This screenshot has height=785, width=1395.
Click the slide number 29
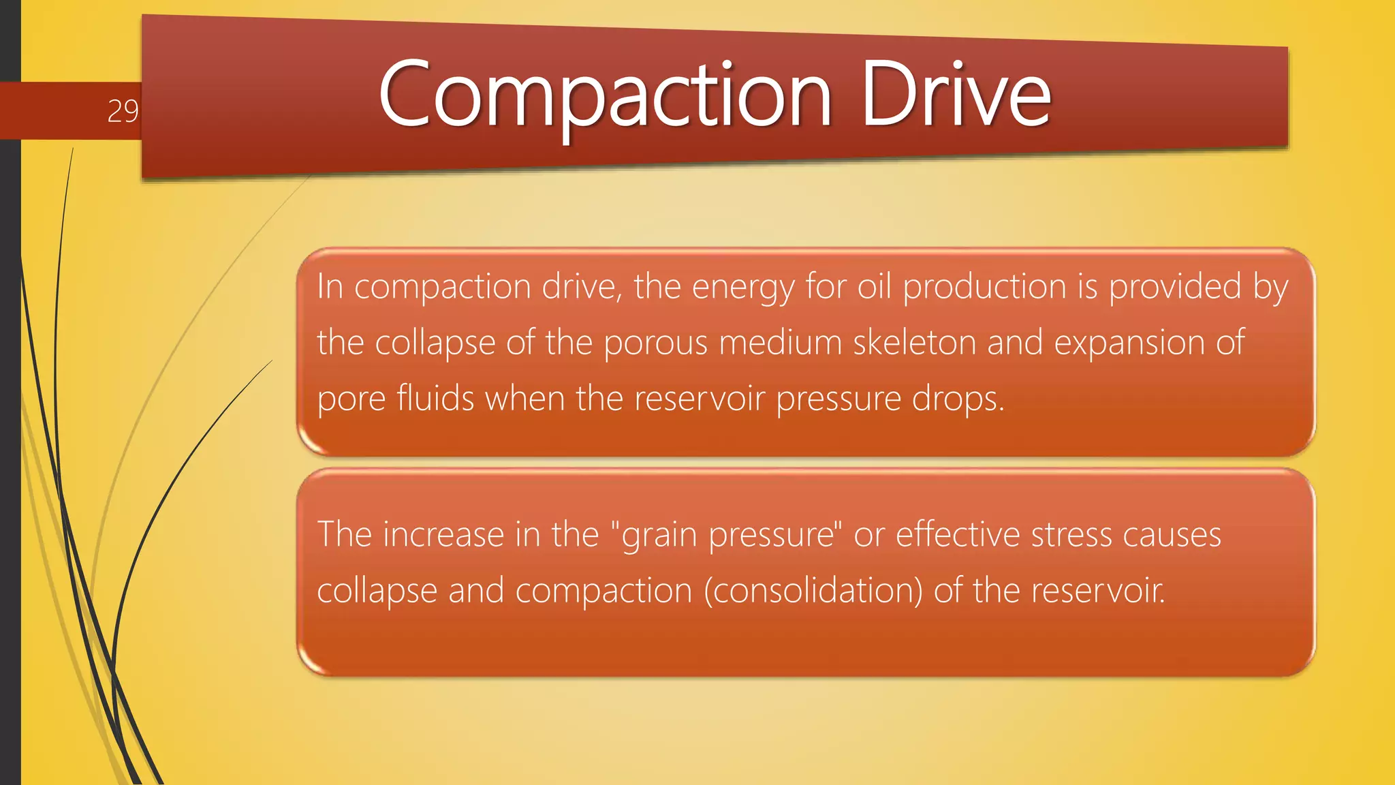[123, 111]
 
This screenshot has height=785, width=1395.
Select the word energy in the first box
[743, 287]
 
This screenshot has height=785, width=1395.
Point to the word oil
[874, 287]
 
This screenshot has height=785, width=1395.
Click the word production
[984, 287]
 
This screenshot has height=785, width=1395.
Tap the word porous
[655, 343]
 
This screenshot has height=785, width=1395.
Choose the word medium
[780, 343]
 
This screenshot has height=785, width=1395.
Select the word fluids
[435, 399]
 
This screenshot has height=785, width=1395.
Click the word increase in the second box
[443, 534]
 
